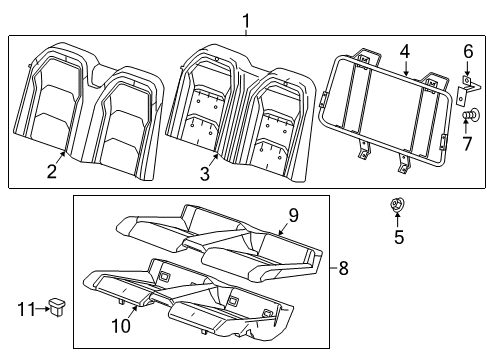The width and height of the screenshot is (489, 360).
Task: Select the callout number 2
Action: tap(50, 171)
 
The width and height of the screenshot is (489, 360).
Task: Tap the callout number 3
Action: tap(205, 175)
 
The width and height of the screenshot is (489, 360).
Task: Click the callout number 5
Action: tap(399, 264)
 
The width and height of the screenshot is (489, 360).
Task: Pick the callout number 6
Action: tap(468, 50)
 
